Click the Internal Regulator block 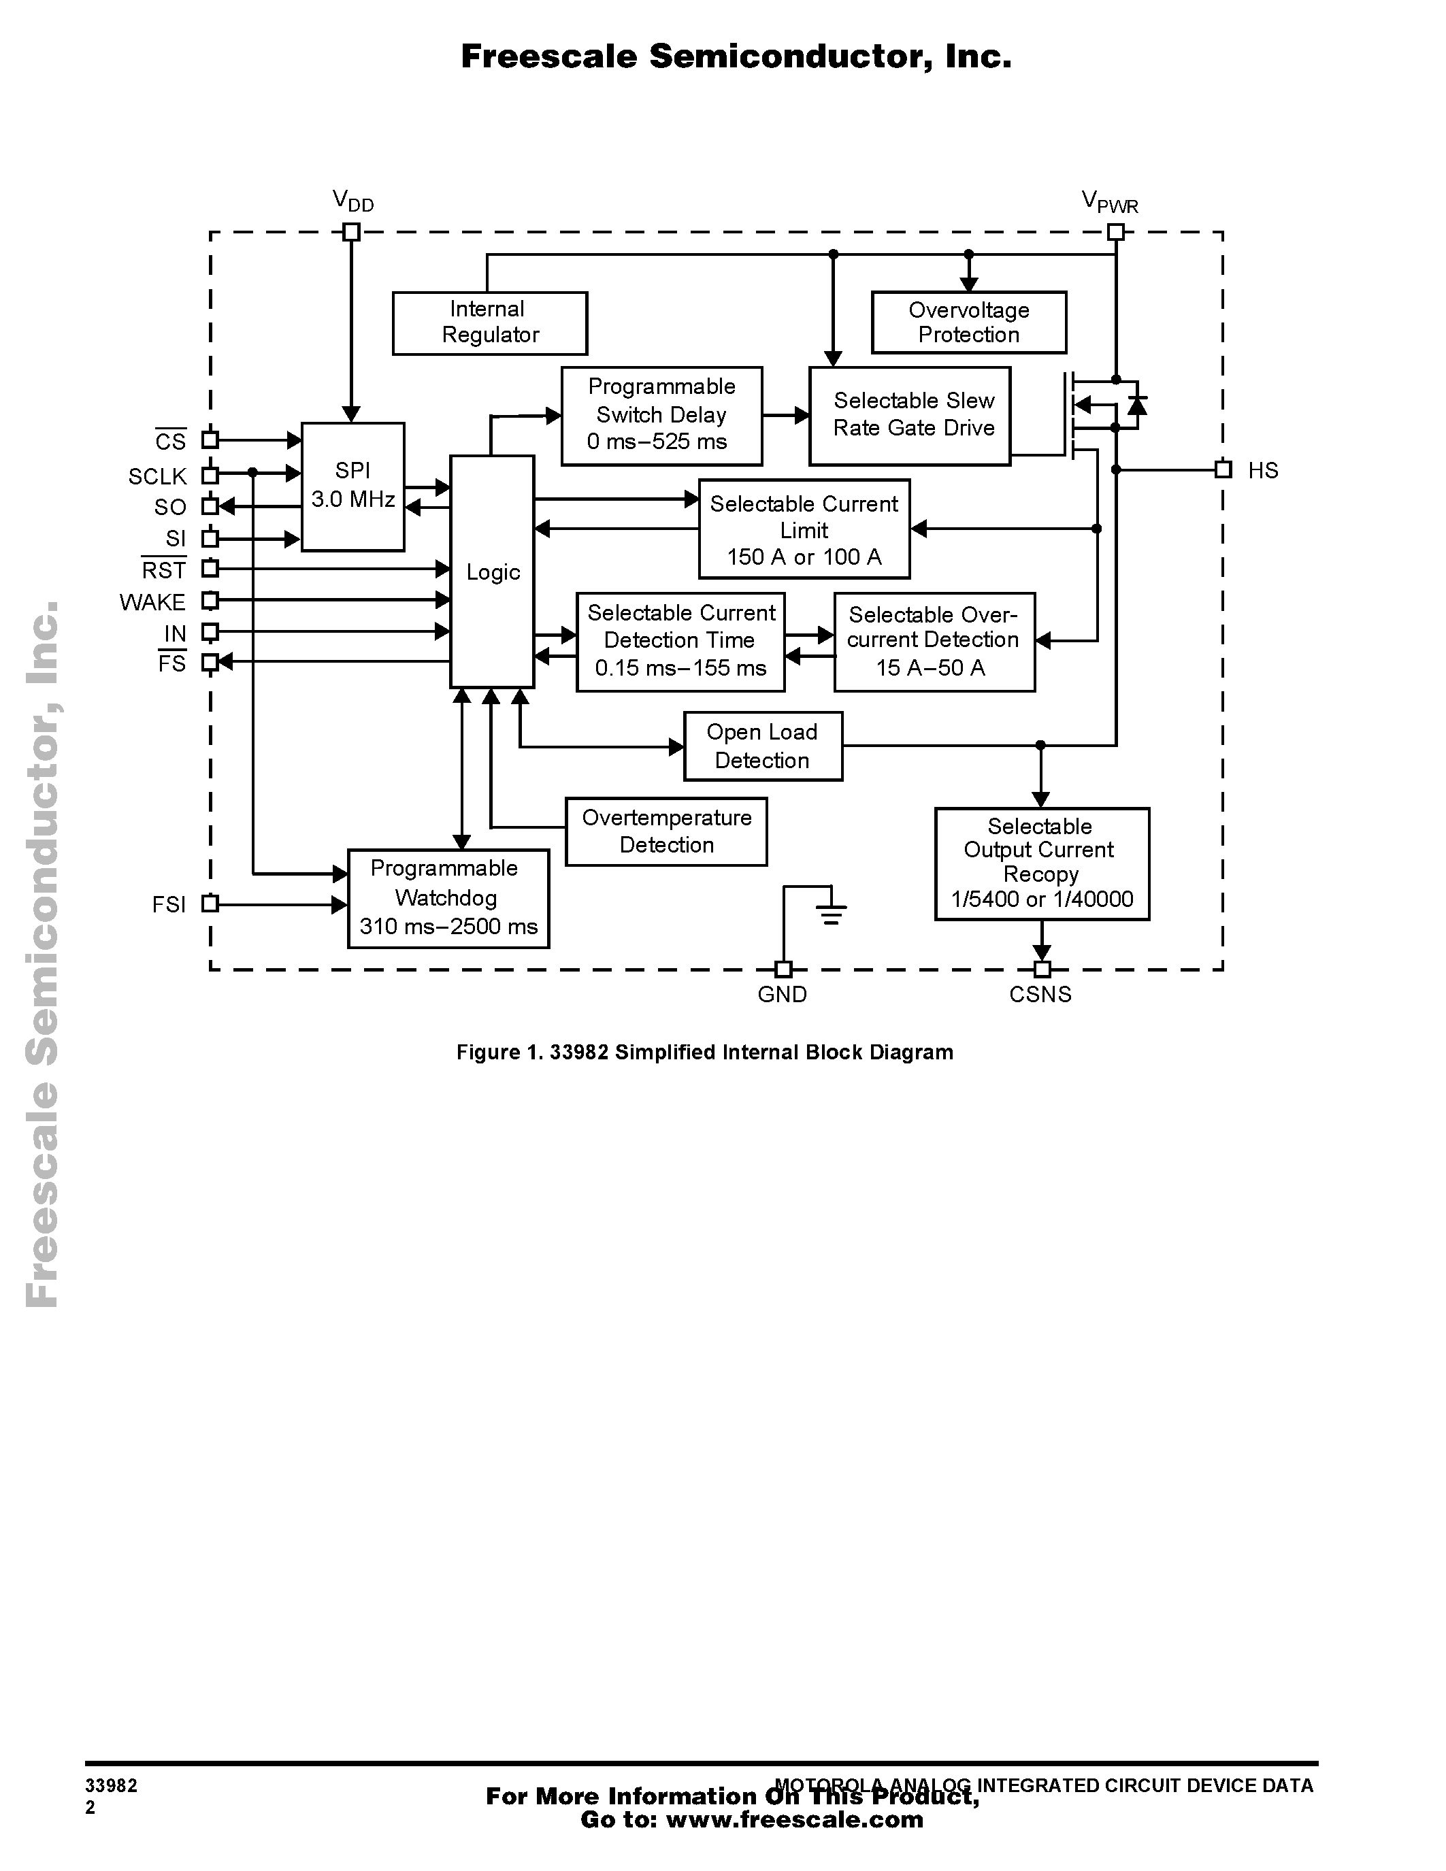[x=489, y=323]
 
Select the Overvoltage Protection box [x=968, y=322]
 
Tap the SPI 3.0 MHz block [x=353, y=486]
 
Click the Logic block [x=492, y=572]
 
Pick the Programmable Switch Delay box [x=661, y=416]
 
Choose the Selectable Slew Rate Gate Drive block [x=910, y=416]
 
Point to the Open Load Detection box [x=762, y=746]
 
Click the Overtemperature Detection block [x=666, y=831]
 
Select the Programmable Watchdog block [x=448, y=898]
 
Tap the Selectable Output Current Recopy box [x=1042, y=863]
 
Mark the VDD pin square [x=350, y=231]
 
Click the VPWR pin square [x=1115, y=231]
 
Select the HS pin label [x=1263, y=470]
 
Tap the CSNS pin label [x=1040, y=995]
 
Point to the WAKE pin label [x=152, y=602]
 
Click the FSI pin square [x=210, y=903]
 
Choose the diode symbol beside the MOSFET [x=1137, y=404]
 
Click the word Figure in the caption [x=484, y=1052]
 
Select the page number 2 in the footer [x=90, y=1807]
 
